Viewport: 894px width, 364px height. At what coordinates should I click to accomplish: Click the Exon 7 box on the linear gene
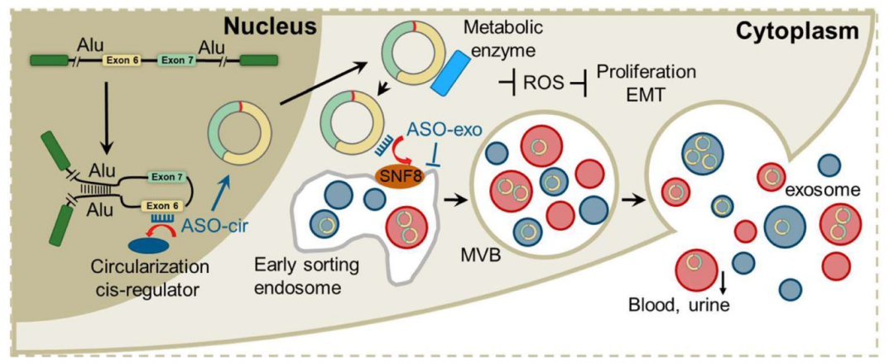point(178,60)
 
